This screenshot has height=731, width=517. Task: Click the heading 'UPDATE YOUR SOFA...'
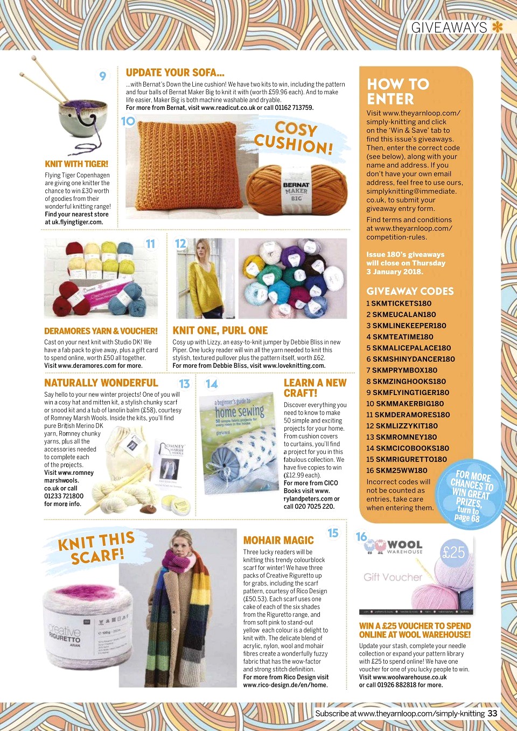[x=175, y=73]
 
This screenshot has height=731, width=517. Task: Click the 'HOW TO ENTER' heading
[x=398, y=92]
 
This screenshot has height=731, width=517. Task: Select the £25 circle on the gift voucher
[x=453, y=552]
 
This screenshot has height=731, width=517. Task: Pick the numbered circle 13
[x=184, y=384]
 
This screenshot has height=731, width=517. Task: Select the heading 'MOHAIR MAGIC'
[x=278, y=540]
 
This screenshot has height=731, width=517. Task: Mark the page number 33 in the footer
[x=493, y=713]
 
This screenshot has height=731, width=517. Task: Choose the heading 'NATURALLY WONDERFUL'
[x=101, y=383]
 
